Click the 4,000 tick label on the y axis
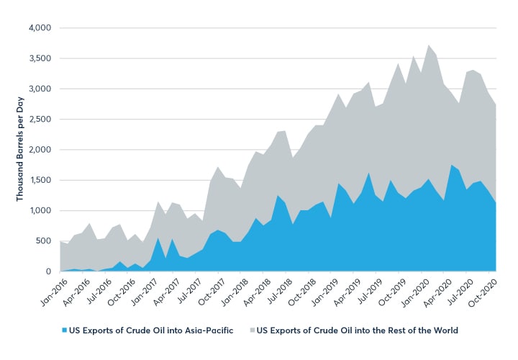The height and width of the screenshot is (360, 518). pyautogui.click(x=40, y=28)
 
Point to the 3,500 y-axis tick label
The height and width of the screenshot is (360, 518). pyautogui.click(x=40, y=58)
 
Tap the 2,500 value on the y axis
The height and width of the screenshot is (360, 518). pyautogui.click(x=40, y=120)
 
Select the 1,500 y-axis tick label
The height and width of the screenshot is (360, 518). pyautogui.click(x=40, y=180)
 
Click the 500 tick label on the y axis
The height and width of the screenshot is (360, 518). pyautogui.click(x=45, y=241)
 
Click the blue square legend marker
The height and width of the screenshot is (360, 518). pyautogui.click(x=64, y=330)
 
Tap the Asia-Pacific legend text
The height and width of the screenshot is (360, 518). pyautogui.click(x=158, y=330)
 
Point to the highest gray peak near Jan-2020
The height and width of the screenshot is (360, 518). pyautogui.click(x=429, y=45)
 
